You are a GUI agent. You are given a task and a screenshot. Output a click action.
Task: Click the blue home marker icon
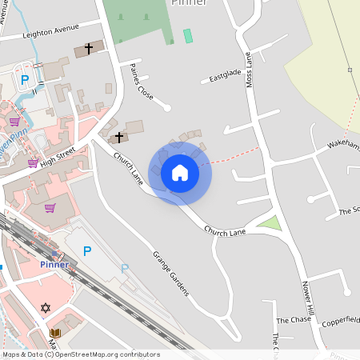pos(180,173)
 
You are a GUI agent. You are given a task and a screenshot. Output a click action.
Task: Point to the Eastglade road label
pos(225,75)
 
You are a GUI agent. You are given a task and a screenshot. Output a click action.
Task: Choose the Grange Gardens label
pos(171,273)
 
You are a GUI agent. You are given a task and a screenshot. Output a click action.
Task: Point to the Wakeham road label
pos(343,145)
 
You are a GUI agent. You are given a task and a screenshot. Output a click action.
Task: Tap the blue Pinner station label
pos(54,264)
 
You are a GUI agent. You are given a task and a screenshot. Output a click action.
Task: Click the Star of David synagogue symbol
pos(46,307)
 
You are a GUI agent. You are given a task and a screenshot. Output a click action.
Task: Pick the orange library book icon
pos(54,333)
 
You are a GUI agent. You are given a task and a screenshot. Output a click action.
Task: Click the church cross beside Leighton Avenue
pos(88,49)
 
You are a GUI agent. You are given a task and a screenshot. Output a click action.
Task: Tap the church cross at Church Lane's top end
pos(119,138)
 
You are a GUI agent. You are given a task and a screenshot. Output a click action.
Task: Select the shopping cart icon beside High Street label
pos(33,163)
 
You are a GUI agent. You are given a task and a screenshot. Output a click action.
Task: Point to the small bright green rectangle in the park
pos(188,35)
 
